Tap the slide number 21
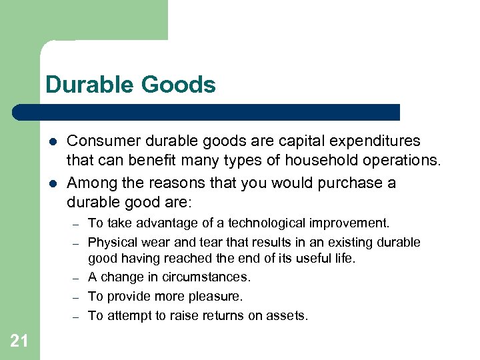coord(19,341)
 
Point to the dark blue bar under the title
coord(207,112)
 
